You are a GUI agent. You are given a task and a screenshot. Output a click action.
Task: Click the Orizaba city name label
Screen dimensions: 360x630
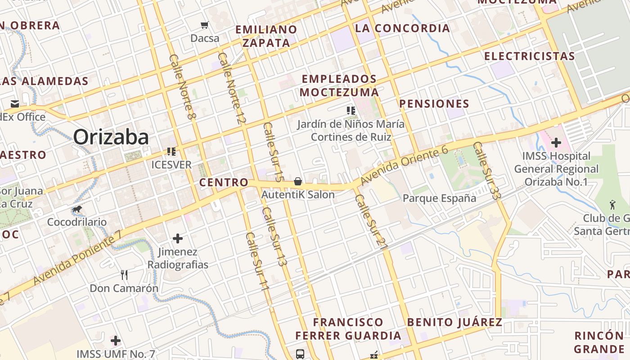111,137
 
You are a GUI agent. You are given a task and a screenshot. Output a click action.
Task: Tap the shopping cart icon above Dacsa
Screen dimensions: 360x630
205,25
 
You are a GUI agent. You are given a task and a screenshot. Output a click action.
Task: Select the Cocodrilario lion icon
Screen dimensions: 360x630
77,209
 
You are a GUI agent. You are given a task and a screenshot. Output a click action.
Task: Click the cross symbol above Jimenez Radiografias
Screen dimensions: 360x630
178,238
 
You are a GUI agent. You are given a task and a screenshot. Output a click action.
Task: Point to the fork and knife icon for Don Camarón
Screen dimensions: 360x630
124,274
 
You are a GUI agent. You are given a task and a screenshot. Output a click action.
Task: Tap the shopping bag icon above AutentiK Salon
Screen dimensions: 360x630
297,181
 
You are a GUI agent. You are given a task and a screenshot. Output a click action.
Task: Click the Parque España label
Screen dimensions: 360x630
439,198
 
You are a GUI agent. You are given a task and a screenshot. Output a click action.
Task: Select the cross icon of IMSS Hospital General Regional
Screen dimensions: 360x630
556,143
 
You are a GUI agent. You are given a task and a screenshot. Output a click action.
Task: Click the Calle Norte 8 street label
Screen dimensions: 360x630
183,87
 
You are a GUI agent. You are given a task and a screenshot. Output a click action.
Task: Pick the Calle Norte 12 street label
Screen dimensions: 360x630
232,88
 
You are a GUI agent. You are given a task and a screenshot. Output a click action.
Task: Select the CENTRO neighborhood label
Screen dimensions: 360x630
224,182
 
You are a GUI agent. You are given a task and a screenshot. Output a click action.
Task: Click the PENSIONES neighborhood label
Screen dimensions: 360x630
434,104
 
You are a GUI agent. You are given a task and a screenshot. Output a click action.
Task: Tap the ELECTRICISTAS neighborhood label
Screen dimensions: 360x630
529,56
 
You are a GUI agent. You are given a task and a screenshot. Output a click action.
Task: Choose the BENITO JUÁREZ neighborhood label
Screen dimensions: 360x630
454,322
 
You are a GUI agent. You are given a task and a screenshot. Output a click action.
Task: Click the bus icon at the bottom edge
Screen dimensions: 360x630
300,354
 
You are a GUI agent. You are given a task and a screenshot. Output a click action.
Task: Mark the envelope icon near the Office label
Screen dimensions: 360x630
15,104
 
